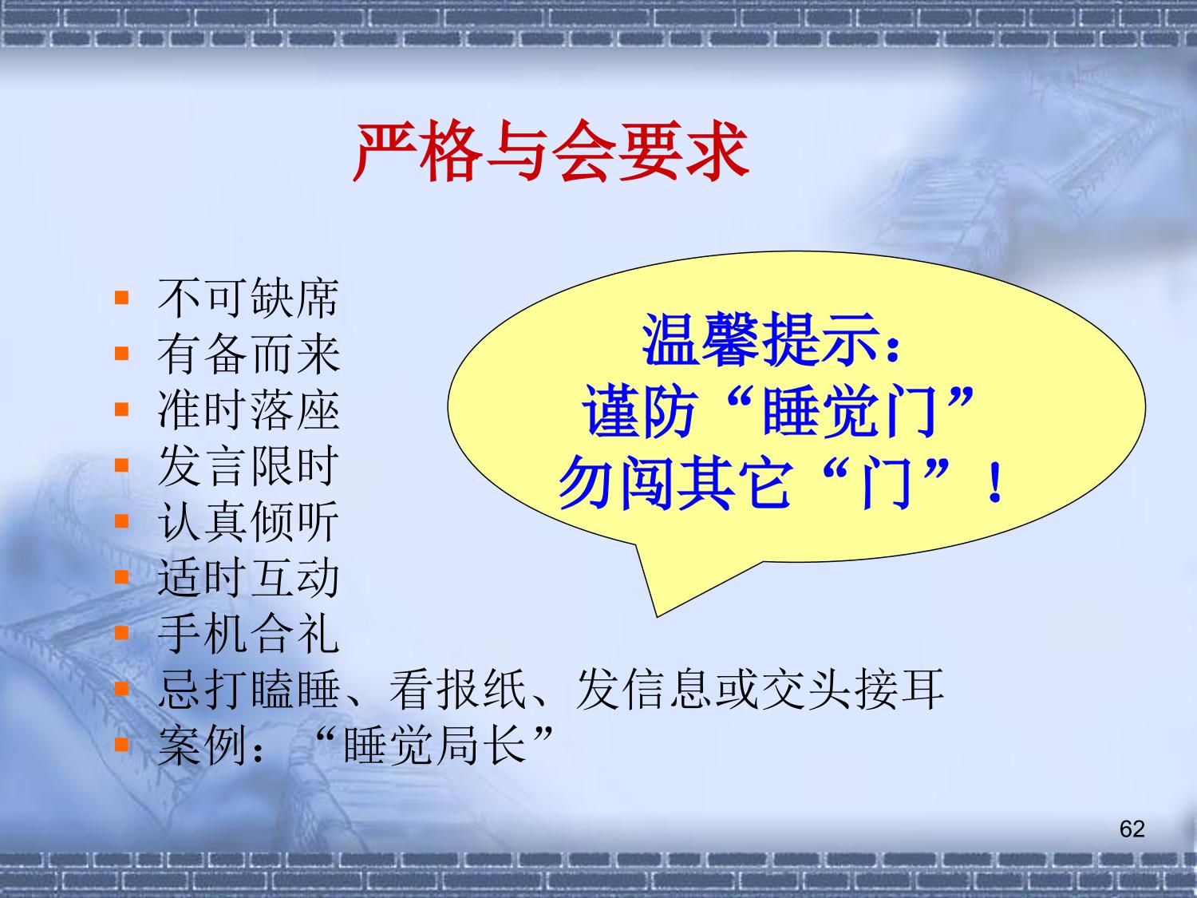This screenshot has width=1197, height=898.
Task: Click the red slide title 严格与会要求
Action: (551, 151)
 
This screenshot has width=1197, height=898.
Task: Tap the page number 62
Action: (1132, 829)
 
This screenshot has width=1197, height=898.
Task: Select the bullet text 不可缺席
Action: (248, 298)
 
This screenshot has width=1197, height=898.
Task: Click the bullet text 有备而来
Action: (248, 354)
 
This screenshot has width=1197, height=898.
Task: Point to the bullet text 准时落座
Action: (248, 410)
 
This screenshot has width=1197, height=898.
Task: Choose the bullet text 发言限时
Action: (248, 466)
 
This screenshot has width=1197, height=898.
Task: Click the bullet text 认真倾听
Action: (248, 522)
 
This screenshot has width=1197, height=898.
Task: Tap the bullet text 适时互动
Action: (248, 578)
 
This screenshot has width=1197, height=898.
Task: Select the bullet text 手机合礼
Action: (248, 634)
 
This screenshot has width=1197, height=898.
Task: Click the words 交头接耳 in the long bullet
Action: (852, 690)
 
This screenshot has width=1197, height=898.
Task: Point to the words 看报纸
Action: (458, 690)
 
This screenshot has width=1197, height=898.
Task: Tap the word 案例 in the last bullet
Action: (202, 746)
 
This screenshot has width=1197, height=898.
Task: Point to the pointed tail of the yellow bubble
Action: (657, 617)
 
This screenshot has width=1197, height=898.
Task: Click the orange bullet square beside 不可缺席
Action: (121, 298)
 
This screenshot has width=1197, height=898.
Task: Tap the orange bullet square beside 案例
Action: (121, 745)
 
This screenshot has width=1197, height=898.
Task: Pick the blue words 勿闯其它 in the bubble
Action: (675, 482)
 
